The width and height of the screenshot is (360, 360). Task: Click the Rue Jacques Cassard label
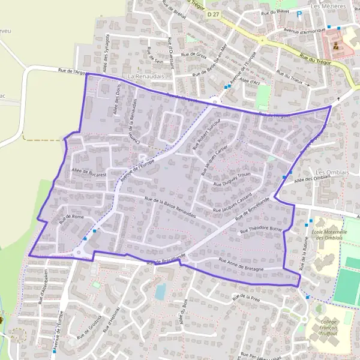[232, 205]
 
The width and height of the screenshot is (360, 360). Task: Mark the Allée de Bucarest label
[89, 173]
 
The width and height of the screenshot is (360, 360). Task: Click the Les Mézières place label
[329, 6]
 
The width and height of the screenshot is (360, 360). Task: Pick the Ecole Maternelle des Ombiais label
[328, 234]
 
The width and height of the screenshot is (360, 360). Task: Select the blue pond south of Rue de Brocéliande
[160, 292]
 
